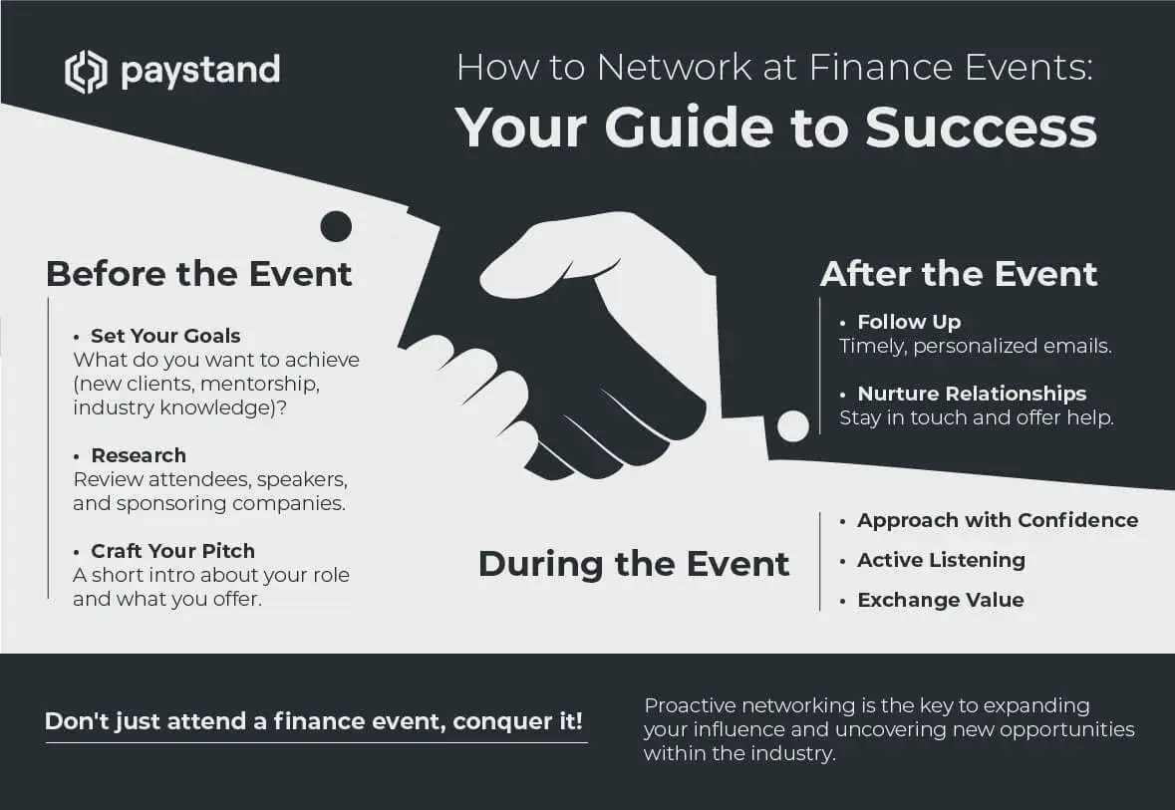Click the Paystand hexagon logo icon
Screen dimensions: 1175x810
[86, 72]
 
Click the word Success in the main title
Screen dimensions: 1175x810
[981, 128]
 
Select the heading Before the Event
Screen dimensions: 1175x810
[198, 274]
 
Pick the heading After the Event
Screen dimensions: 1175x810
[959, 274]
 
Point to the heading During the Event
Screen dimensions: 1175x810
[633, 564]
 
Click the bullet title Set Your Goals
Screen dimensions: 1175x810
[165, 336]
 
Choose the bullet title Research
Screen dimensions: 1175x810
[139, 455]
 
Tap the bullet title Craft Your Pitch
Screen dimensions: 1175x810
[173, 551]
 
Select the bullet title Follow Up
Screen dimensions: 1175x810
[909, 322]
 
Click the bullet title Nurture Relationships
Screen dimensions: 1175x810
[972, 394]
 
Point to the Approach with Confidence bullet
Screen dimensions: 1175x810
[998, 520]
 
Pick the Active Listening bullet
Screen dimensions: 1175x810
[941, 560]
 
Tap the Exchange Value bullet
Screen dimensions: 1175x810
[941, 600]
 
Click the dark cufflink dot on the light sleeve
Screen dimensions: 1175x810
[336, 226]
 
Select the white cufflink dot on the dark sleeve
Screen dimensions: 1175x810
[793, 426]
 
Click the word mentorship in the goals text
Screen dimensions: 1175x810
[259, 384]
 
